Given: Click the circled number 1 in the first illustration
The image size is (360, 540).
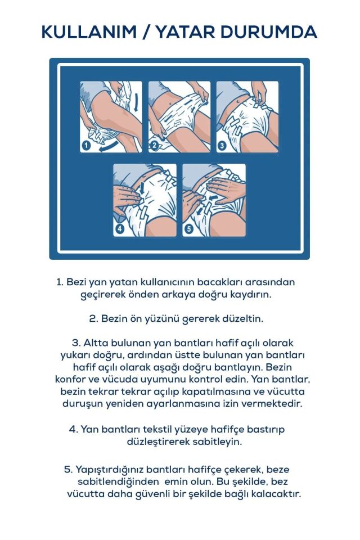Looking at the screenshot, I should [86, 146].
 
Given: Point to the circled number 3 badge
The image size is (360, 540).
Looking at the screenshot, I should [222, 145].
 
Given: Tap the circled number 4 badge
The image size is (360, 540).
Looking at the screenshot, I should [120, 229].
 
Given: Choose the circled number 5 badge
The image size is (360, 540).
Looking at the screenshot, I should [189, 229].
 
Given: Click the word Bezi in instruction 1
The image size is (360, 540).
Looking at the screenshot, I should [76, 282].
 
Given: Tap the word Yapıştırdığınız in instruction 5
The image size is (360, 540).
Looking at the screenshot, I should [109, 469].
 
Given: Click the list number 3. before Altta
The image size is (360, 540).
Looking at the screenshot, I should [76, 343].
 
